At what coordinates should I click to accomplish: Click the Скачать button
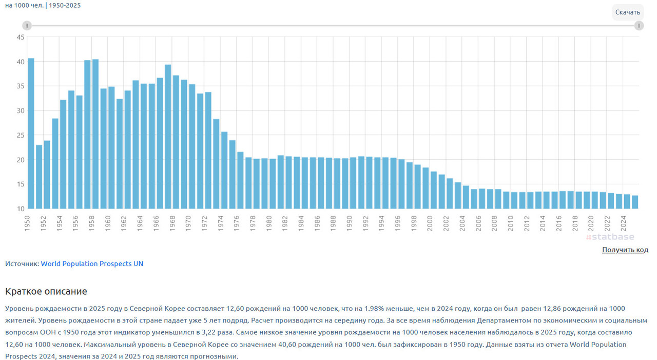coord(628,12)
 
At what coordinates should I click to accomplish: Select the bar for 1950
coord(31,134)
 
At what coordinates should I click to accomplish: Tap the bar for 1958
coord(95,134)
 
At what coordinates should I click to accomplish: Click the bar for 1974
coord(224,170)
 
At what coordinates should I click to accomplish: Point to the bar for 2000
coord(434,190)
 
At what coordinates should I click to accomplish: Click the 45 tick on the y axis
coord(21,37)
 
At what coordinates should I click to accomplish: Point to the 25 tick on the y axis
coord(21,135)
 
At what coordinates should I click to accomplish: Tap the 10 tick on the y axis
coord(21,209)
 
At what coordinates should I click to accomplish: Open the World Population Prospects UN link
coord(92,263)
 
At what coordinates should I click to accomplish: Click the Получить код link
coord(625,250)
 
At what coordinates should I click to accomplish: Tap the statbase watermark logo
coord(610,237)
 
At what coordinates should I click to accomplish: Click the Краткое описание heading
coord(46,291)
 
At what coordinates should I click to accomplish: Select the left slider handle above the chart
coord(27,26)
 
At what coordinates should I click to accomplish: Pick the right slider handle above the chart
coord(639,26)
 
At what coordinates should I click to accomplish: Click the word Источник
coord(21,263)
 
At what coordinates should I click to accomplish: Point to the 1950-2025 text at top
coord(65,5)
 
